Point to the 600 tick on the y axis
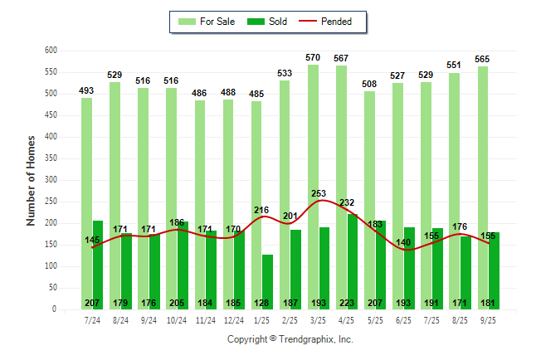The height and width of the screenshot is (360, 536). (x=51, y=51)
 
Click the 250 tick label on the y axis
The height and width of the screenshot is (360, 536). (x=51, y=202)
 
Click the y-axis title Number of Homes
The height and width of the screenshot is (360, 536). (x=31, y=180)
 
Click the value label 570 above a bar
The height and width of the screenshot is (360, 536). (x=312, y=58)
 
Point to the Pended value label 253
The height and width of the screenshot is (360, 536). (x=319, y=193)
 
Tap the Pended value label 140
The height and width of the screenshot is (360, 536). (x=403, y=242)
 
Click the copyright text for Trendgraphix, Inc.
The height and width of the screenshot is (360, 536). (x=290, y=339)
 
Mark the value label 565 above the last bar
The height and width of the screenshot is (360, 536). (x=483, y=60)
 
